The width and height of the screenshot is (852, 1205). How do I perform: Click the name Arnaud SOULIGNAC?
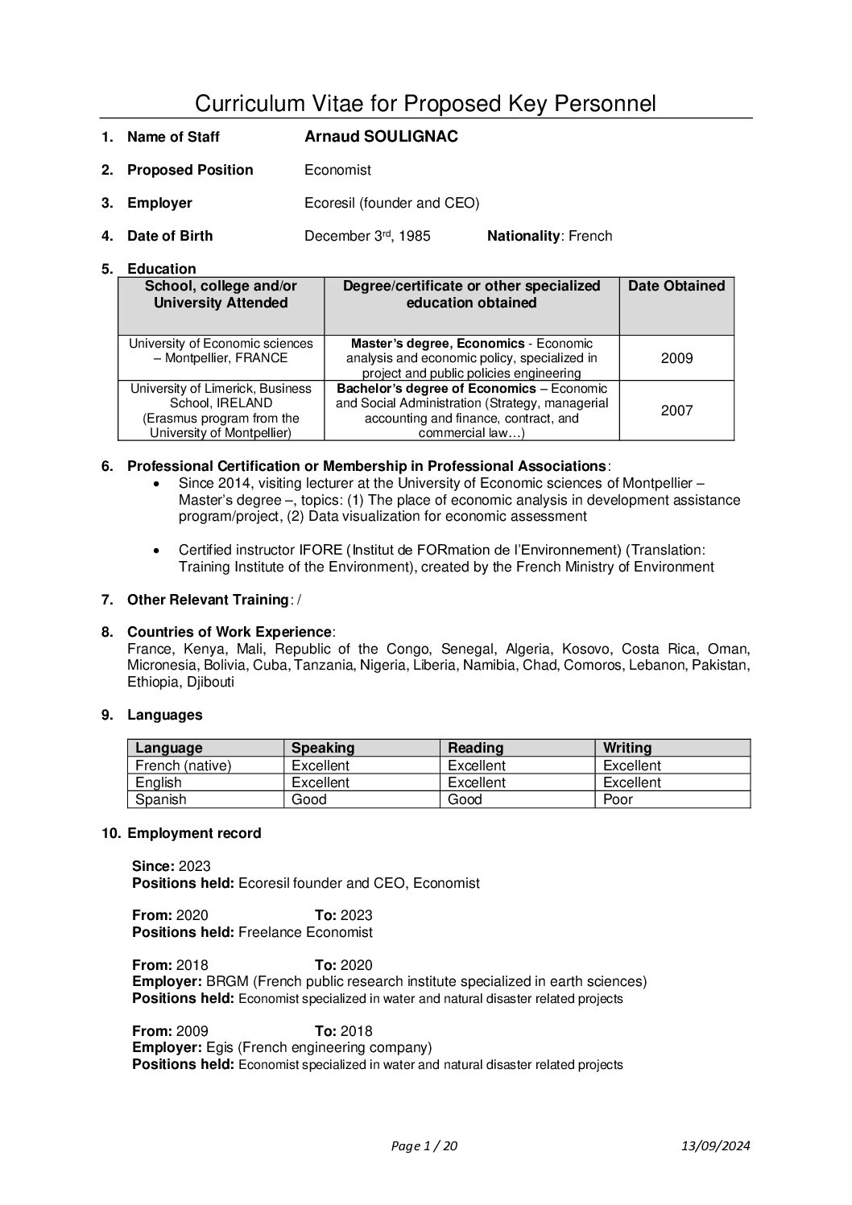tap(381, 137)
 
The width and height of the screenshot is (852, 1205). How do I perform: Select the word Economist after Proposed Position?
tap(337, 170)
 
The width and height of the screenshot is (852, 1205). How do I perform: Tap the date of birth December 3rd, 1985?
tap(367, 236)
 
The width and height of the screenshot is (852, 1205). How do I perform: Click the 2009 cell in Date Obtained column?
tap(676, 358)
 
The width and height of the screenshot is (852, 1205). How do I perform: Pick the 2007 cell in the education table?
tap(676, 411)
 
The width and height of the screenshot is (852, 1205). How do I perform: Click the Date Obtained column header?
tap(676, 286)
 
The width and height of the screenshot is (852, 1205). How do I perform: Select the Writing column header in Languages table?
tap(627, 748)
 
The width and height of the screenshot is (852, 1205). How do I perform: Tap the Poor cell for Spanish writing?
tap(618, 799)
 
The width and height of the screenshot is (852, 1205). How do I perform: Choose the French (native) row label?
tap(183, 766)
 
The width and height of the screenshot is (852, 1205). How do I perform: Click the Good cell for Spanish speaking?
tap(308, 799)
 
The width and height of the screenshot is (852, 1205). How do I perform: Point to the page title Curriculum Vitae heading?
tap(425, 104)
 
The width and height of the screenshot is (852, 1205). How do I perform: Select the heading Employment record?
tap(194, 833)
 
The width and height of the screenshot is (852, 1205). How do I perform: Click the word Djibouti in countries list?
tap(211, 682)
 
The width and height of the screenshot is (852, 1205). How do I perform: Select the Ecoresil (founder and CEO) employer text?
tap(391, 203)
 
